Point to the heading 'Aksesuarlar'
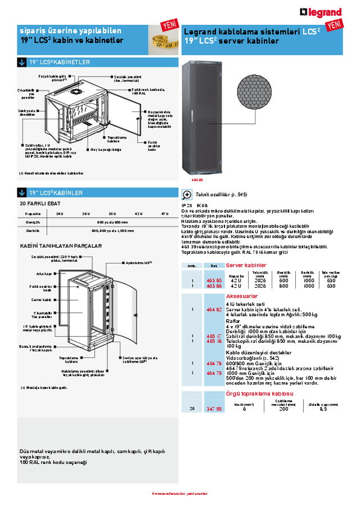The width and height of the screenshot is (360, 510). click(241, 295)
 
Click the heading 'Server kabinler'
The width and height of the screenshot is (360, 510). click(246, 265)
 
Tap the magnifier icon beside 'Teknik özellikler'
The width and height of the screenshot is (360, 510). click(187, 195)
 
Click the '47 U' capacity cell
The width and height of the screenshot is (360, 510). click(164, 213)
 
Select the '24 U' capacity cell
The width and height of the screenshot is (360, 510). click(59, 213)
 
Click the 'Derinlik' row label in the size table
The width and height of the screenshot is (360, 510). click(33, 230)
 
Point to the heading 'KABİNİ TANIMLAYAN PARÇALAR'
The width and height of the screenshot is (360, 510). click(61, 246)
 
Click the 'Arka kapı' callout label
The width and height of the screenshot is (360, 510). click(44, 274)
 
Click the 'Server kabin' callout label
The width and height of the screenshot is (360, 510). click(41, 299)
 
